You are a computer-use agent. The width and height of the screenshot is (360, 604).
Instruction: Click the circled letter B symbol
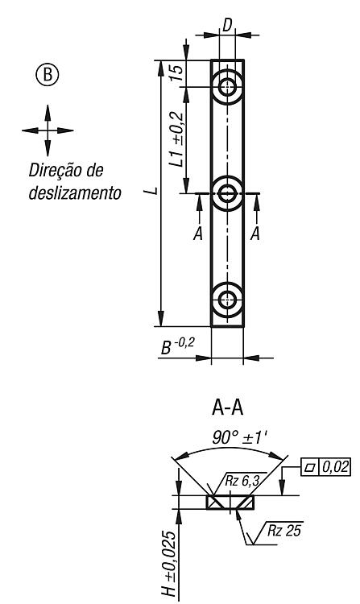pyautogui.click(x=48, y=74)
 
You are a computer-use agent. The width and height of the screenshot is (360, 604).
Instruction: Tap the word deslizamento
pyautogui.click(x=75, y=192)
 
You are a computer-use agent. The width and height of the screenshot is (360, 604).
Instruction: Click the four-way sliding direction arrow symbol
pyautogui.click(x=48, y=130)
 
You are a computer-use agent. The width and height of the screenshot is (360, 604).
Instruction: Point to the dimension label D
pyautogui.click(x=227, y=25)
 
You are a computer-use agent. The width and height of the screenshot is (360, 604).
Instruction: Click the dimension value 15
pyautogui.click(x=176, y=72)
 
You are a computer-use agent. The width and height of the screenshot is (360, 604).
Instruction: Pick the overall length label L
pyautogui.click(x=153, y=191)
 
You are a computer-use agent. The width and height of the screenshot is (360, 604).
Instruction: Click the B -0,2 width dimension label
pyautogui.click(x=177, y=346)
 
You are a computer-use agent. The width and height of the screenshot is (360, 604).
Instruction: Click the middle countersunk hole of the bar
pyautogui.click(x=228, y=193)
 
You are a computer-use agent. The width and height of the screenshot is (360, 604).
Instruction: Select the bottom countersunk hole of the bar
pyautogui.click(x=228, y=300)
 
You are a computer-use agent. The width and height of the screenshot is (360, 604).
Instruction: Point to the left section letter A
pyautogui.click(x=198, y=234)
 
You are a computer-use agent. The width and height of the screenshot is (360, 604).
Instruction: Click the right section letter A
pyautogui.click(x=254, y=234)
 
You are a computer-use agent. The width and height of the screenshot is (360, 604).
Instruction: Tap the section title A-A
pyautogui.click(x=228, y=408)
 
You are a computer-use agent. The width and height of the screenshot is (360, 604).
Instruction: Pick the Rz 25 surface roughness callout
pyautogui.click(x=284, y=531)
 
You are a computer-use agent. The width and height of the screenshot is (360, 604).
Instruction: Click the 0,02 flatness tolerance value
pyautogui.click(x=334, y=467)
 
